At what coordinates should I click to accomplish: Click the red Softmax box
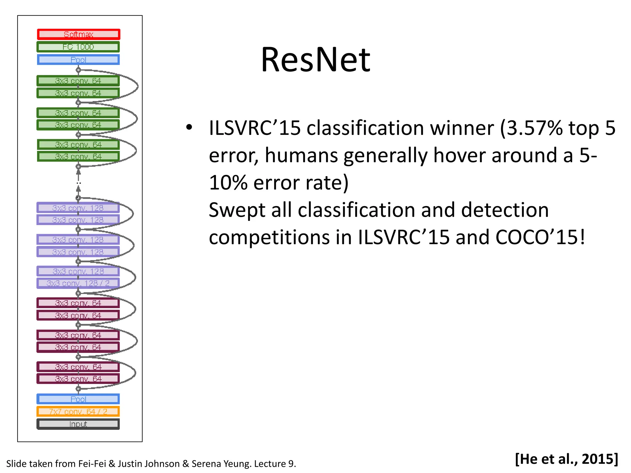(x=78, y=34)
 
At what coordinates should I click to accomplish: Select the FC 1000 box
(x=78, y=47)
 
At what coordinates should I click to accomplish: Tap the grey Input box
(x=78, y=424)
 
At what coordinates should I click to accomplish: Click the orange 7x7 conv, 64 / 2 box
(x=78, y=411)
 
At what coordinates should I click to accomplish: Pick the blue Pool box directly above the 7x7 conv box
(x=78, y=399)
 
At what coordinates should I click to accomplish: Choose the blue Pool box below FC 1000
(x=78, y=60)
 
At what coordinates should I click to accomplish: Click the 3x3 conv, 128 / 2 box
(x=78, y=283)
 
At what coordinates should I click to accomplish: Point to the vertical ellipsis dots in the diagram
(x=79, y=183)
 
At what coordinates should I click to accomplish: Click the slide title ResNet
(x=315, y=60)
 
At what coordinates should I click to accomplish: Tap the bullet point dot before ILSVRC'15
(x=189, y=127)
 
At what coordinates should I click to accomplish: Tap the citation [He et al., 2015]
(x=566, y=459)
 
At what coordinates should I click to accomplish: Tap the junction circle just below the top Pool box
(x=78, y=70)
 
